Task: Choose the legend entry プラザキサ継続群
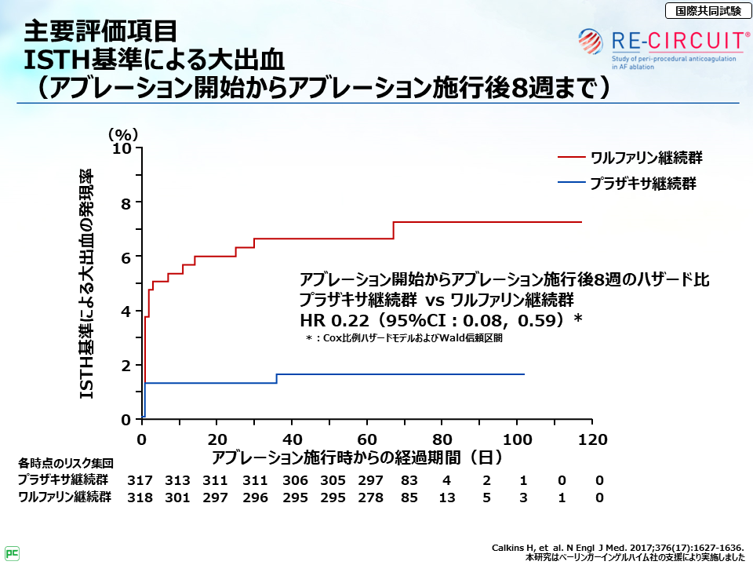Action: coord(643,184)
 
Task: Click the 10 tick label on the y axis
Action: coord(121,148)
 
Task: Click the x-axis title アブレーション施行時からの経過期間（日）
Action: coord(356,456)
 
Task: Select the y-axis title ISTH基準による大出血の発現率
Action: coord(88,284)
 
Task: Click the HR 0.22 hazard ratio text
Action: coord(442,320)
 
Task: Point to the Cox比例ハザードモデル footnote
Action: coord(404,338)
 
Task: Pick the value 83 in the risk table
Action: coord(409,479)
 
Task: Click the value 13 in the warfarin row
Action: coord(446,498)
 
